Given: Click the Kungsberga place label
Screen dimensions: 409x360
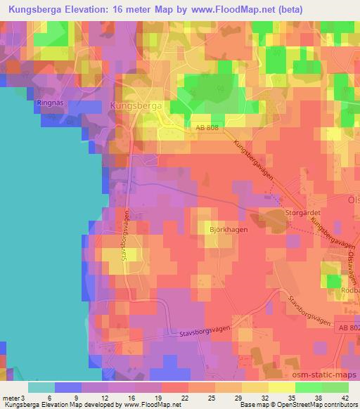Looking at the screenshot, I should [x=136, y=105].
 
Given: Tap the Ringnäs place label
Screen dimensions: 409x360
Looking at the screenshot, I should [x=49, y=103].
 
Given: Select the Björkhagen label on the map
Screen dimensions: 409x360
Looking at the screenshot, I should [x=225, y=230].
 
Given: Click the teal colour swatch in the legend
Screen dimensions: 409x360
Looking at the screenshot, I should [x=41, y=387].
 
